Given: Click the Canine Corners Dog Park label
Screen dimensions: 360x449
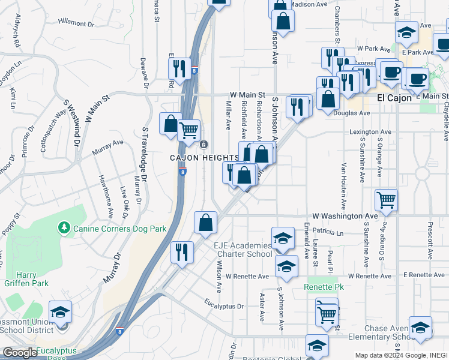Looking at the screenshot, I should [x=119, y=229].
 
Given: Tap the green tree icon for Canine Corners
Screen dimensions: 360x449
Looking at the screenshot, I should [x=64, y=228].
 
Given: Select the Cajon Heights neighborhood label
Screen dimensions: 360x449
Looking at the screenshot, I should [x=203, y=158].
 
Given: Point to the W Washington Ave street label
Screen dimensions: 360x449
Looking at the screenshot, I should [x=345, y=215].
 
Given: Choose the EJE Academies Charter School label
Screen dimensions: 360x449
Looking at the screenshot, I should [x=243, y=250].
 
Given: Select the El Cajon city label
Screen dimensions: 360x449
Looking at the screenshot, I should [x=394, y=98].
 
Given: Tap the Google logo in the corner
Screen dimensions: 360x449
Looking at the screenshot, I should [x=20, y=353].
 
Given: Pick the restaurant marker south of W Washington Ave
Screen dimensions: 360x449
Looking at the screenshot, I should [x=182, y=252].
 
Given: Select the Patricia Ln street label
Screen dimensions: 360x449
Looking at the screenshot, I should [x=334, y=232].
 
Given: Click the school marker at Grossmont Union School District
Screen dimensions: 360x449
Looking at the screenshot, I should [x=61, y=312].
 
